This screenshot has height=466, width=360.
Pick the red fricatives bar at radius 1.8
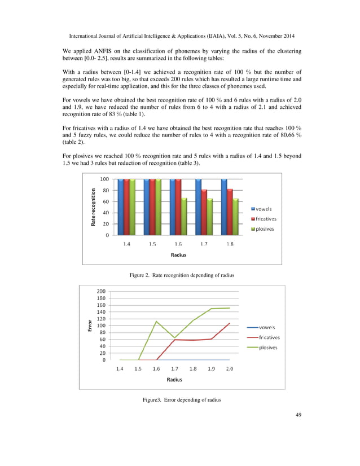[230, 212]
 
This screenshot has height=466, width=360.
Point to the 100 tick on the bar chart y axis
[104, 179]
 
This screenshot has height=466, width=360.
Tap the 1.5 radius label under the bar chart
[152, 244]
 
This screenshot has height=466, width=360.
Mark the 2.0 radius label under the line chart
[229, 368]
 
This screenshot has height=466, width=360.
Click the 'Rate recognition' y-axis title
[91, 207]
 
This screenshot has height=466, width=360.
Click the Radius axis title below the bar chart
[178, 254]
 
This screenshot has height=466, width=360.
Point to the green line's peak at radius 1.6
[156, 322]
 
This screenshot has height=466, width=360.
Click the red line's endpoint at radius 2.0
[229, 323]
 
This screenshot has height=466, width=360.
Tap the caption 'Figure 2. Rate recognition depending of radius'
[181, 275]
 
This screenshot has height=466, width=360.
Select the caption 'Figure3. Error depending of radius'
[181, 399]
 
